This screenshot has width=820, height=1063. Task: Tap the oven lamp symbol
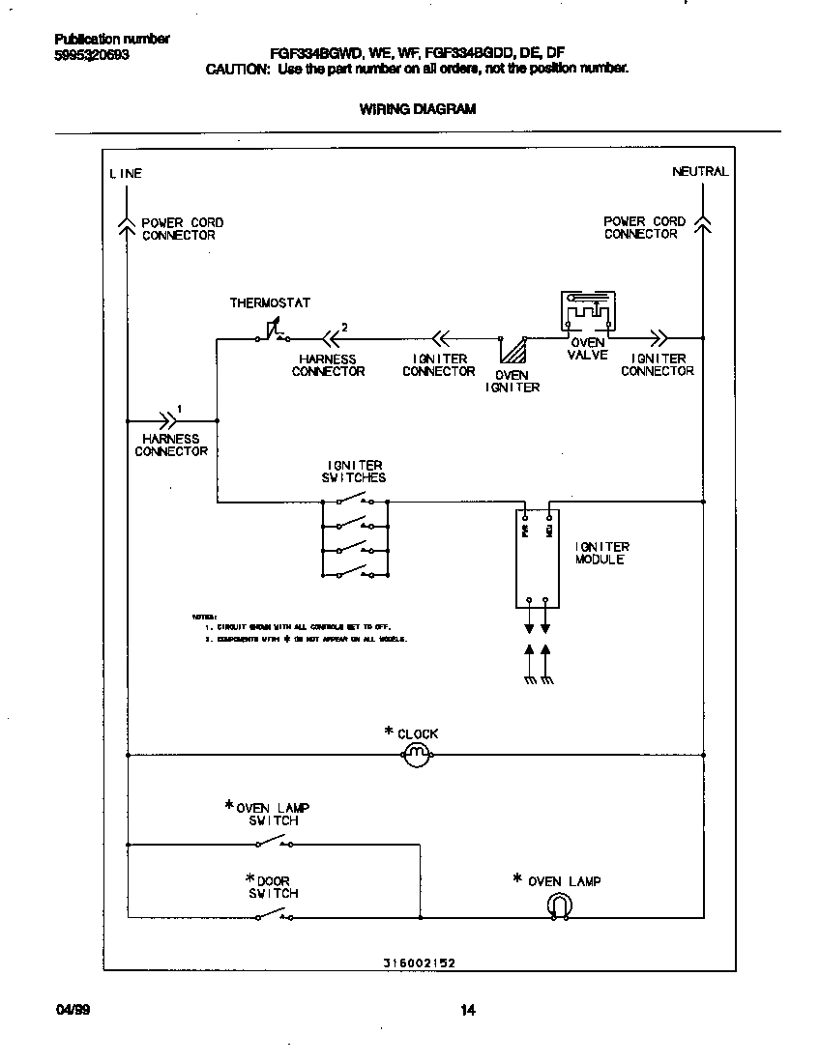tap(560, 905)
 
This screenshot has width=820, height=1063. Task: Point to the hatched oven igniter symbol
tap(512, 349)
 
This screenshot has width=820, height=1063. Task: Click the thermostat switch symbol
tap(272, 332)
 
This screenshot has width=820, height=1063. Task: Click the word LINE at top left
tap(126, 174)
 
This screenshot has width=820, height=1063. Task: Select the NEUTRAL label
tap(700, 172)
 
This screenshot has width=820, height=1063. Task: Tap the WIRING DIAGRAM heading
tap(418, 109)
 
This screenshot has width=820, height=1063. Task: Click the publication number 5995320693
tap(92, 55)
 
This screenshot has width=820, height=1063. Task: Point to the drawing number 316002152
tap(418, 963)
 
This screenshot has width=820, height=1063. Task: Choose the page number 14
tap(468, 1011)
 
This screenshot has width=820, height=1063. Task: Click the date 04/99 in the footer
tap(71, 1011)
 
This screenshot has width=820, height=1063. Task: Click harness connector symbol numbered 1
tap(170, 420)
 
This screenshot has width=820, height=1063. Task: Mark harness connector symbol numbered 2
tap(332, 339)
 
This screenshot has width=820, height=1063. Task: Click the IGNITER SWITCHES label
tap(354, 472)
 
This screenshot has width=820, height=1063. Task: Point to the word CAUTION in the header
tap(237, 70)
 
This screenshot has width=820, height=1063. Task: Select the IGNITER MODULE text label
tap(601, 554)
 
